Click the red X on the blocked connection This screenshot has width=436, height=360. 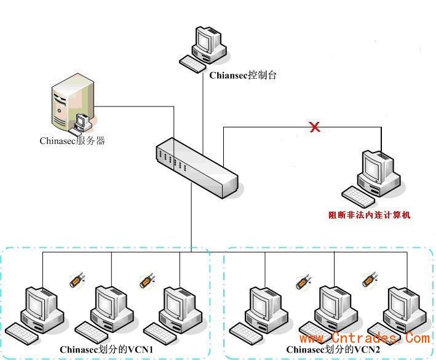point(314,127)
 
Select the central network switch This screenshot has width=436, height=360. point(196,167)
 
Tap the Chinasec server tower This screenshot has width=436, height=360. point(73,108)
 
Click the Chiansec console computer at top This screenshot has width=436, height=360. point(205,47)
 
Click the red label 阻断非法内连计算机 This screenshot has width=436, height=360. point(369,215)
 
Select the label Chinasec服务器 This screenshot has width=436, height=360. point(73,141)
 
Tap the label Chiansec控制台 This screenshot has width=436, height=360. point(243,76)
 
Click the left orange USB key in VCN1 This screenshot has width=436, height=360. point(74,281)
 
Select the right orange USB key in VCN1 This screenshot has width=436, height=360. point(145,281)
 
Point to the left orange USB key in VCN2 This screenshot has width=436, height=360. point(302,282)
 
